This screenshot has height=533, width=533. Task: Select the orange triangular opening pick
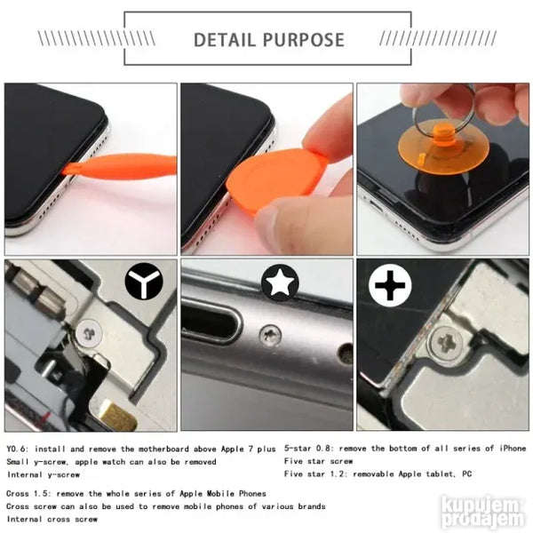point(274,179)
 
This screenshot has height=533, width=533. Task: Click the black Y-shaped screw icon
point(144,281)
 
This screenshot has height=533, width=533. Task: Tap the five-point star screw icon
point(280,282)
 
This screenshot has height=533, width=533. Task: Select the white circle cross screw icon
point(390,285)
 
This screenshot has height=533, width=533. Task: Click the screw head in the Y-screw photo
point(89,333)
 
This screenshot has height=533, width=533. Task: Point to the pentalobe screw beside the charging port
point(271,336)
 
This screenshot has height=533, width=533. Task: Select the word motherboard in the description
point(163,449)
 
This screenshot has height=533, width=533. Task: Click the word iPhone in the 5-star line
point(513,449)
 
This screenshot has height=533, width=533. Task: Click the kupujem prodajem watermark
point(483,513)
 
